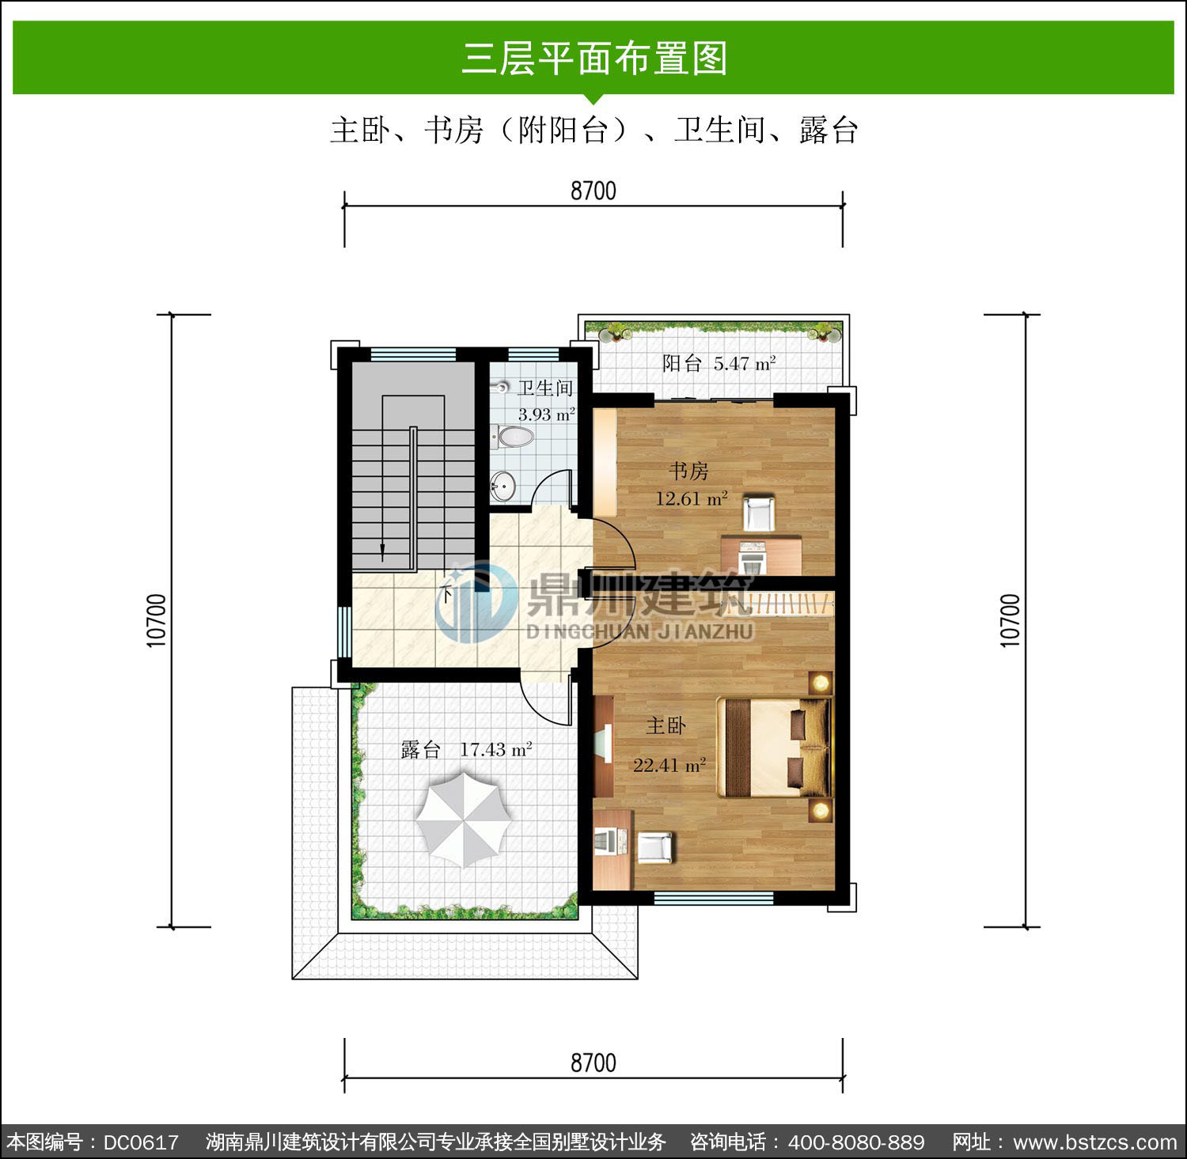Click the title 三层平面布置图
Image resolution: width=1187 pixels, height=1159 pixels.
pos(593,58)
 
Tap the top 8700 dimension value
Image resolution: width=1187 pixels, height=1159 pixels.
pos(593,191)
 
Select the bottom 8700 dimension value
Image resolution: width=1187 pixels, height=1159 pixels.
pos(593,1062)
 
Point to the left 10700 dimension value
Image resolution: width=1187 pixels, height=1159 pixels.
pos(157,620)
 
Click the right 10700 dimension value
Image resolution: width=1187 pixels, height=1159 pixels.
pos(1011,620)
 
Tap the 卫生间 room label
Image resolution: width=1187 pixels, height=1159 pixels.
pos(545,388)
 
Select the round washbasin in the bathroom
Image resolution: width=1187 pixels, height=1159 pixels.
pos(502,483)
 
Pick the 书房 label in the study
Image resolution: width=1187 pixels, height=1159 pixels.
pos(688,472)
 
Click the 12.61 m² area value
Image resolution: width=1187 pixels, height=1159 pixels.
pos(692,498)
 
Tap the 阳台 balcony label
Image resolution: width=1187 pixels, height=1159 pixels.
pos(682,363)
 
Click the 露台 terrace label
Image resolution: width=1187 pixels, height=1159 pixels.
pos(420,749)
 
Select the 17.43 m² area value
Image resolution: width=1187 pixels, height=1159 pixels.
pos(496,748)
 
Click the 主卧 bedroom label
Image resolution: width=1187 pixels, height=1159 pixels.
pos(666,725)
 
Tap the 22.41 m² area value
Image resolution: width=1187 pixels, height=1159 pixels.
pos(669,765)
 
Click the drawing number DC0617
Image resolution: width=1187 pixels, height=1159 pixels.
pos(141,1142)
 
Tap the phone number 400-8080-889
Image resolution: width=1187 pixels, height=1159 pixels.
pos(856,1142)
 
